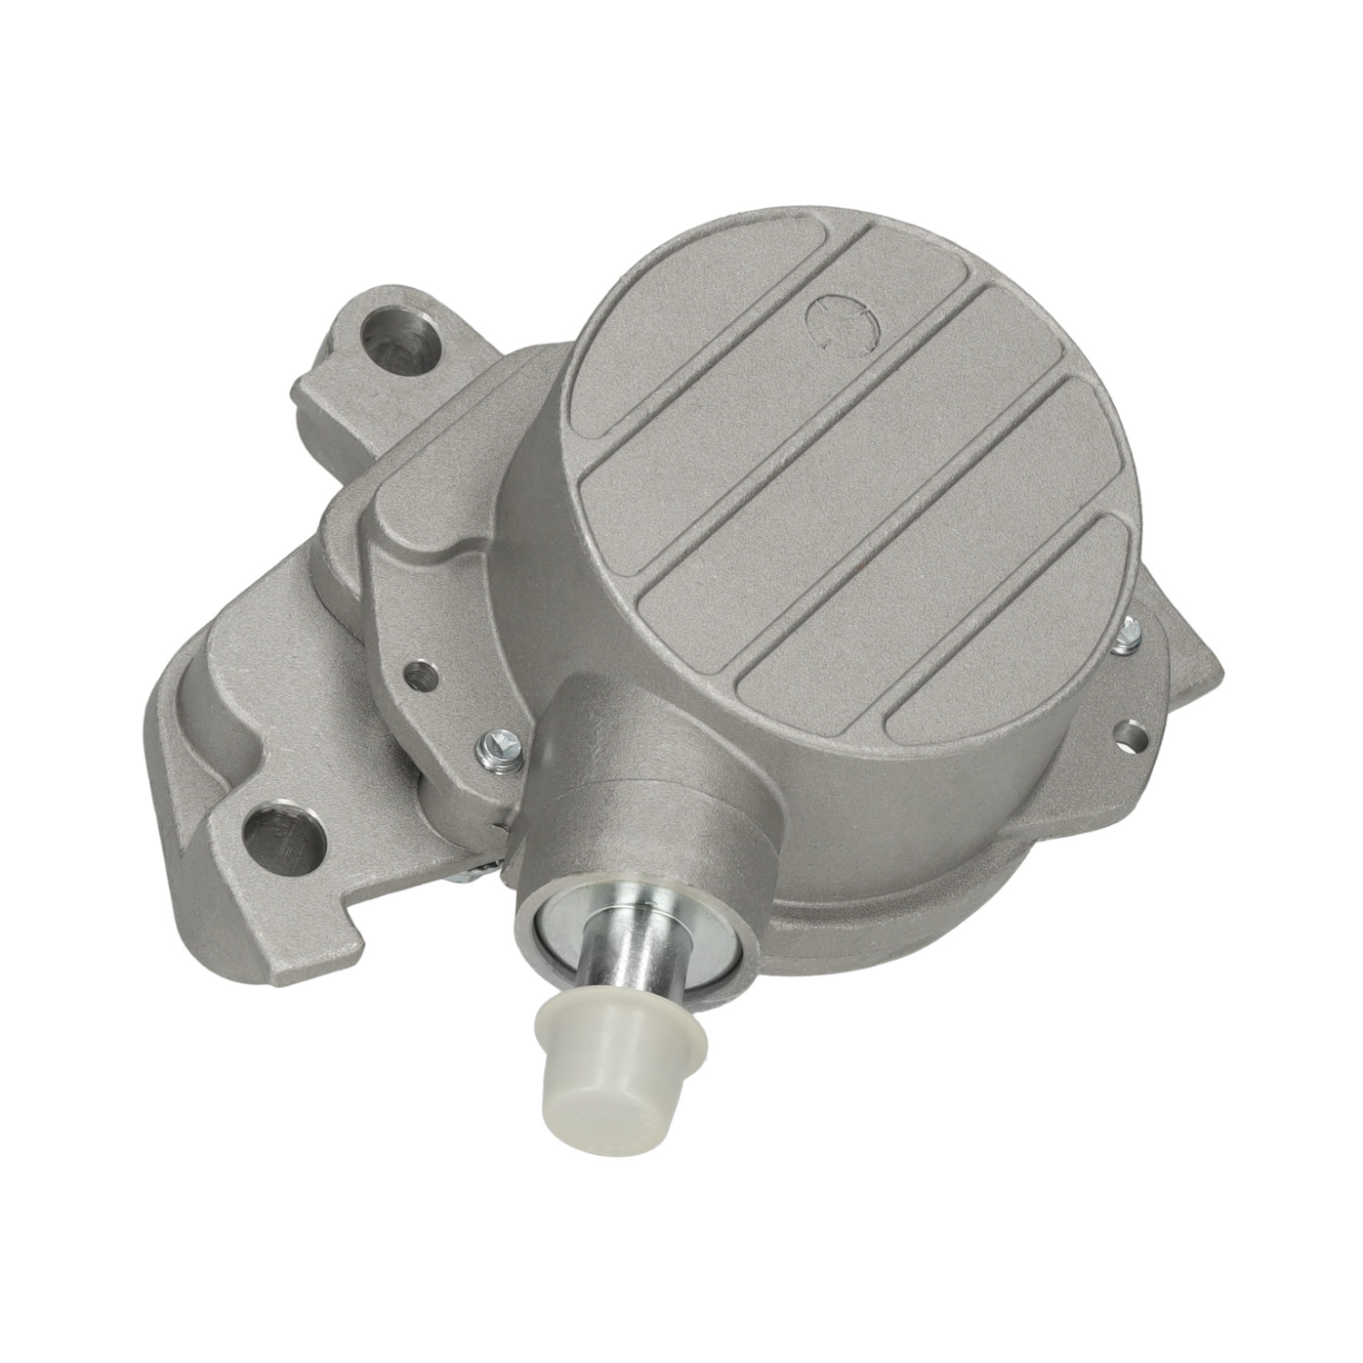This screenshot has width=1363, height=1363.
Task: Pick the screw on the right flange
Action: [x=1129, y=634]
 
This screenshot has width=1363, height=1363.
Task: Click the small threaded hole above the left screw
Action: [x=419, y=673]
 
